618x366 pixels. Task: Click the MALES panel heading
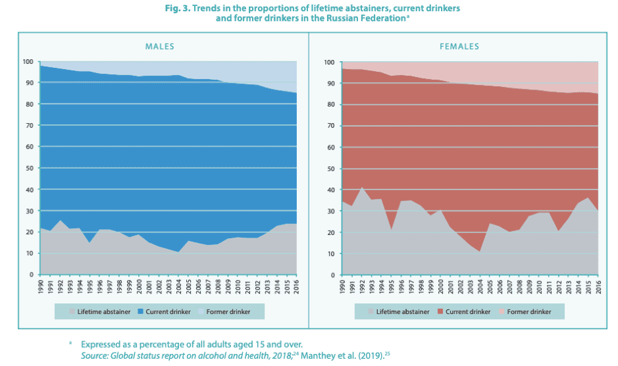[159, 47]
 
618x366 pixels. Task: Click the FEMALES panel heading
[459, 47]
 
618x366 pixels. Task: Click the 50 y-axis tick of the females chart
[330, 169]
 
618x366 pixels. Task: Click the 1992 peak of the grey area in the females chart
[362, 188]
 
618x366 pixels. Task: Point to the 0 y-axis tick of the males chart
[31, 274]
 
